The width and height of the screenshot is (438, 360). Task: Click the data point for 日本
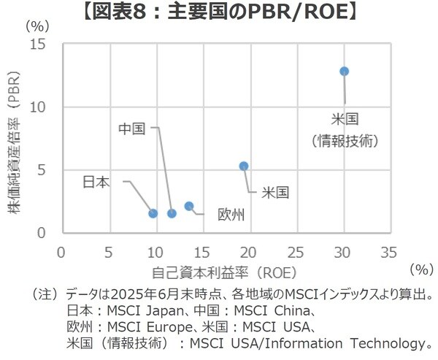(x=153, y=213)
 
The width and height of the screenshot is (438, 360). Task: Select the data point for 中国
(x=172, y=213)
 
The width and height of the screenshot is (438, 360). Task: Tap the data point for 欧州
(x=189, y=206)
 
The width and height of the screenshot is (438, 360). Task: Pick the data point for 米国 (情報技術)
(x=344, y=71)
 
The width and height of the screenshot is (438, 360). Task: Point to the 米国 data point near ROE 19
(x=243, y=166)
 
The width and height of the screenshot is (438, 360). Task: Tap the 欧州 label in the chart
(x=231, y=214)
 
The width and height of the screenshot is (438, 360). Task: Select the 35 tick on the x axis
(x=388, y=253)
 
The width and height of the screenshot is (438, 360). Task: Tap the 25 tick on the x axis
(x=295, y=253)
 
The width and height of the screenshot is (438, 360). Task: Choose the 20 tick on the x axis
(x=248, y=253)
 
